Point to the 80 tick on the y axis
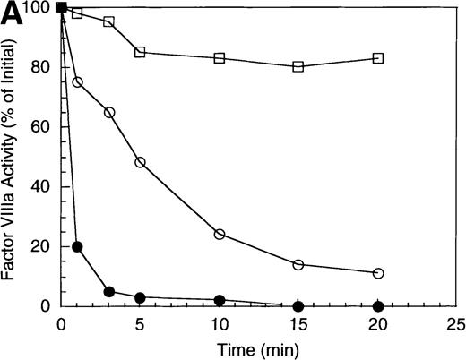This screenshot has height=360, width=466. pyautogui.click(x=41, y=67)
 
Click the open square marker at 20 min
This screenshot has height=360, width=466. pyautogui.click(x=378, y=58)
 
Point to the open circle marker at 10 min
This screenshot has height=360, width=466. pyautogui.click(x=220, y=235)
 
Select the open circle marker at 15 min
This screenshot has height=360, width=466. pyautogui.click(x=298, y=264)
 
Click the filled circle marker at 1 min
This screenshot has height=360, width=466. pyautogui.click(x=77, y=246)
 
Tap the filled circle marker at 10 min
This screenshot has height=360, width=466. pyautogui.click(x=220, y=300)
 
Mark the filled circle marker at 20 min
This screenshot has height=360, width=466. pyautogui.click(x=378, y=306)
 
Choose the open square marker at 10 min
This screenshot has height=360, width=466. pyautogui.click(x=220, y=58)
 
